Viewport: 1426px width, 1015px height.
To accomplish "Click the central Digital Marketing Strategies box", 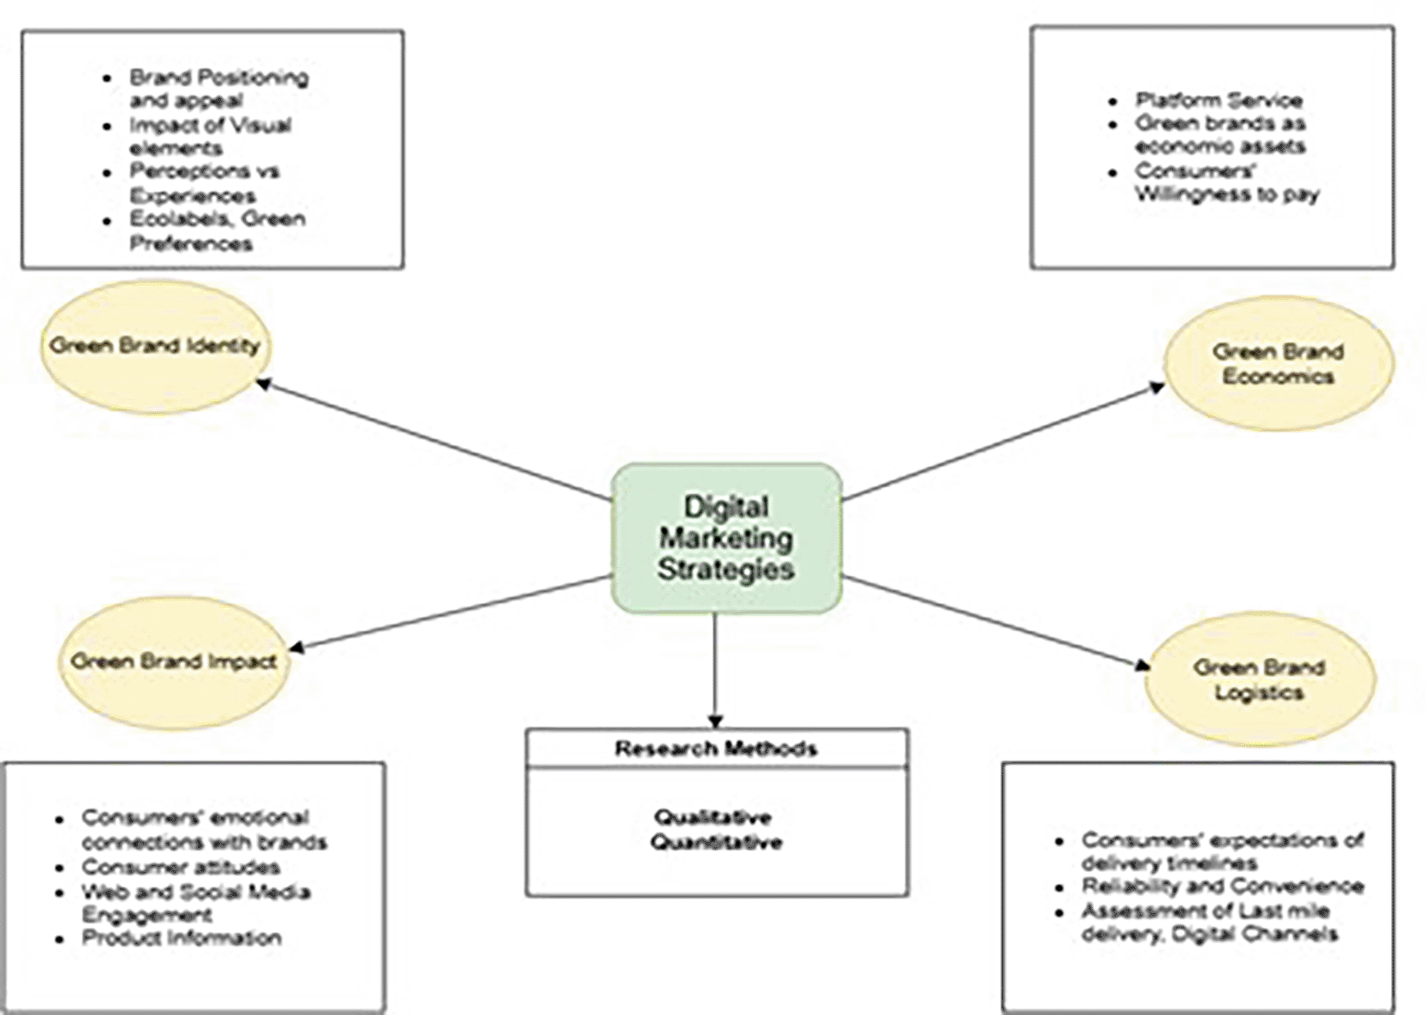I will point(726,538).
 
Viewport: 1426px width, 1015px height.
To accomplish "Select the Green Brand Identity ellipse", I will point(155,346).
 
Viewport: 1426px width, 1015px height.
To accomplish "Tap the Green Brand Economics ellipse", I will point(1278,364).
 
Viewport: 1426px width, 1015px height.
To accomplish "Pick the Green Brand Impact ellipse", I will point(174,661).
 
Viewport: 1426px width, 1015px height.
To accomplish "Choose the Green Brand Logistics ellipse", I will point(1259,679).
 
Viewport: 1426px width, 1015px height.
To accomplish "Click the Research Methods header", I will point(716,749).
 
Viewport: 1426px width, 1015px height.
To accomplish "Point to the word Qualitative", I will point(713,816).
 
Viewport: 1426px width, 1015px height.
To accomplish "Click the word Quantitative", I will point(716,842).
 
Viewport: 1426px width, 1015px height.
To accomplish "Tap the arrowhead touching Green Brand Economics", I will point(1156,388).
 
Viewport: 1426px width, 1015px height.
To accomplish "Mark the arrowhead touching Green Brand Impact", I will point(296,648).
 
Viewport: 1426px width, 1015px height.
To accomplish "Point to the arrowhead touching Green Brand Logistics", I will point(1142,666).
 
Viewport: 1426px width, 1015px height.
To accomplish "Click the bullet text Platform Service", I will point(1219,100).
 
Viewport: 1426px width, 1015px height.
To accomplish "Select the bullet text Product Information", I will point(182,938).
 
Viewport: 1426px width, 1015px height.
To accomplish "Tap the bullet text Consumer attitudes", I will point(181,867).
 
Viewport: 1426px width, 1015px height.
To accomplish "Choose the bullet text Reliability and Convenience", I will point(1222,886).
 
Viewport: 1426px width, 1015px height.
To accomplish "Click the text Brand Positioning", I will point(219,78).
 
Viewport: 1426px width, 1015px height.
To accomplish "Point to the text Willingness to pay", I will point(1227,194).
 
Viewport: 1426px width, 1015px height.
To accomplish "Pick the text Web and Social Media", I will point(196,892).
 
